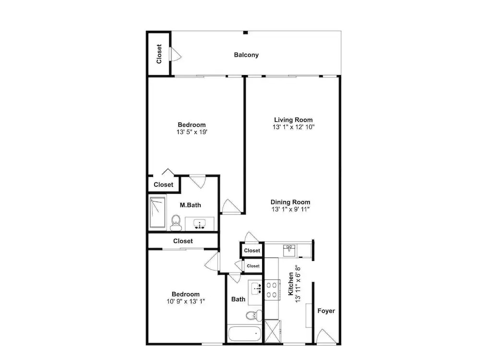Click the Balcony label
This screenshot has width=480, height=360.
point(246,55)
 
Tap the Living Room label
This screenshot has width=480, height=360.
point(293,120)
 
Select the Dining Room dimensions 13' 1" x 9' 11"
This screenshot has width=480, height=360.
point(290,209)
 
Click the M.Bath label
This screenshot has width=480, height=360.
point(190,205)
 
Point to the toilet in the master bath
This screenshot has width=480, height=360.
point(176,222)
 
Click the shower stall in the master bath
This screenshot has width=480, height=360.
point(157,213)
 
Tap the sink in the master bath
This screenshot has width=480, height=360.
point(200,224)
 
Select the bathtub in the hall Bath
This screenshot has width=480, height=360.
point(245,334)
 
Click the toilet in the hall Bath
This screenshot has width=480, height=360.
point(254,315)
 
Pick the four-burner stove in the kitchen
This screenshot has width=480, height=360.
point(272,290)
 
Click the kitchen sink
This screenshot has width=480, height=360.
point(289,251)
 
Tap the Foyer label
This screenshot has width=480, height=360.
point(326,311)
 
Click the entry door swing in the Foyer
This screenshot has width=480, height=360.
point(326,336)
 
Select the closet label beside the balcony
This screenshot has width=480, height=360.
point(159,54)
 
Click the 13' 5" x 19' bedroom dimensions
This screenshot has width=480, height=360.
point(192,132)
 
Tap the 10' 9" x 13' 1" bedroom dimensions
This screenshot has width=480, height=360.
point(186,301)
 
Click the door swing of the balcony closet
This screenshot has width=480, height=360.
point(176,54)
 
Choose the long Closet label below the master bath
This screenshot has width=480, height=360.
point(183,241)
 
